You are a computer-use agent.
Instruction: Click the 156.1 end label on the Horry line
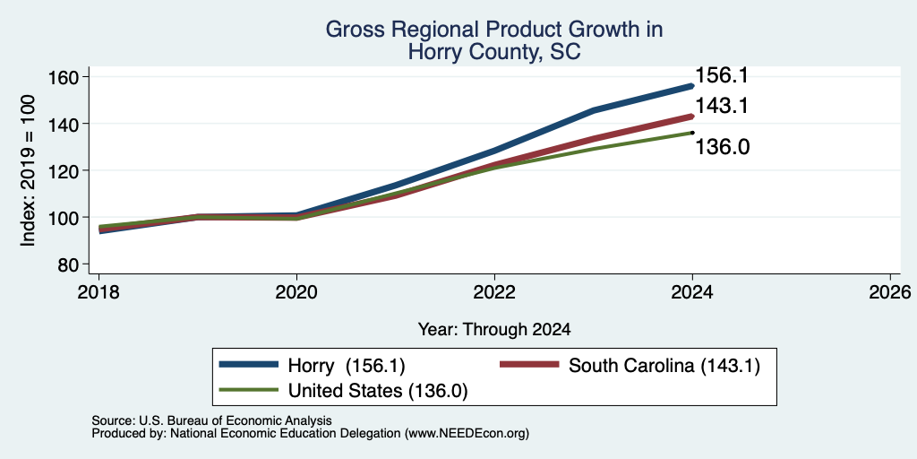tap(722, 75)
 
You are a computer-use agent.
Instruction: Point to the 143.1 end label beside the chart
tap(722, 106)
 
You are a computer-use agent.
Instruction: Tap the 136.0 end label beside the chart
tap(723, 147)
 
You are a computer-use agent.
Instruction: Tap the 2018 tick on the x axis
tap(99, 292)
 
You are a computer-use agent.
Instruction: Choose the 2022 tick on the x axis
tap(494, 292)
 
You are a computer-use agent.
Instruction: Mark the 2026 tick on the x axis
tap(890, 292)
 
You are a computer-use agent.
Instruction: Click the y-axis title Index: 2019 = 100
tap(29, 170)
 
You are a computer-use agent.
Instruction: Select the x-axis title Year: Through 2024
tap(494, 330)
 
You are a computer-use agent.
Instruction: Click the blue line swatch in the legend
tap(248, 365)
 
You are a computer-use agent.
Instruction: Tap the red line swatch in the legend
tap(529, 365)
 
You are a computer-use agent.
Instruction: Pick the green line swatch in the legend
tap(248, 390)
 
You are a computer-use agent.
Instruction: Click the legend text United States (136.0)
tap(378, 391)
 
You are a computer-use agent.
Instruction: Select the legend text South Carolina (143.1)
tap(664, 366)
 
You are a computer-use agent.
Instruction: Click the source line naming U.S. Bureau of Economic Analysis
tap(211, 420)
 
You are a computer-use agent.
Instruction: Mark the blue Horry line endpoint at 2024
tap(692, 86)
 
